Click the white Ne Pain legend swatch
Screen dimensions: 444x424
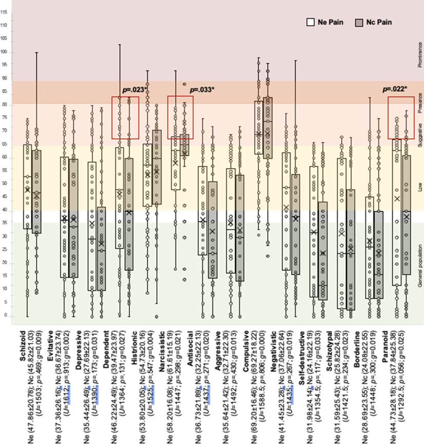310,22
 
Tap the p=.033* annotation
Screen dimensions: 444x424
202,89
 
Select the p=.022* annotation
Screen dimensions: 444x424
395,89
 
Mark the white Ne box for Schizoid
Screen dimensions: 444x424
27,187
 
